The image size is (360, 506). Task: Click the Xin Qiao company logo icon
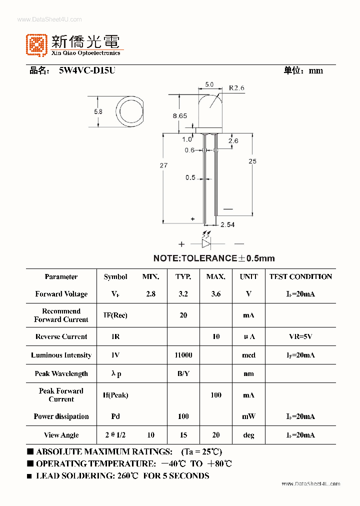[x=37, y=44]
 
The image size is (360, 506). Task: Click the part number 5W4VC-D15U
[x=87, y=70]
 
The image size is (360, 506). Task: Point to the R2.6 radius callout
[x=236, y=88]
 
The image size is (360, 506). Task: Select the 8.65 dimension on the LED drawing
[x=180, y=115]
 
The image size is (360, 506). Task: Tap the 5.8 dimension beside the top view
[x=98, y=111]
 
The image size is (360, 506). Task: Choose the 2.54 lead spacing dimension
[x=227, y=224]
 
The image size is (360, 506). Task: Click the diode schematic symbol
[x=206, y=243]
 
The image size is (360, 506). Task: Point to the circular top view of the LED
[x=131, y=112]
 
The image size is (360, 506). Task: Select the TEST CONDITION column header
[x=300, y=276]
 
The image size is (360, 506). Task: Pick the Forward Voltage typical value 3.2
[x=183, y=294]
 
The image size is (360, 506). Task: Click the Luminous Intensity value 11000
[x=183, y=355]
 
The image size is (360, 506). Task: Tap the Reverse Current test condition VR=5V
[x=300, y=336]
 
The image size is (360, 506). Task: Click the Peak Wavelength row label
[x=61, y=373]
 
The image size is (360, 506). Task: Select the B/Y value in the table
[x=183, y=373]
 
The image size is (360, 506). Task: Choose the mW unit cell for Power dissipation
[x=248, y=416]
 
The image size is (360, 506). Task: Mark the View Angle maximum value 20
[x=216, y=435]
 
